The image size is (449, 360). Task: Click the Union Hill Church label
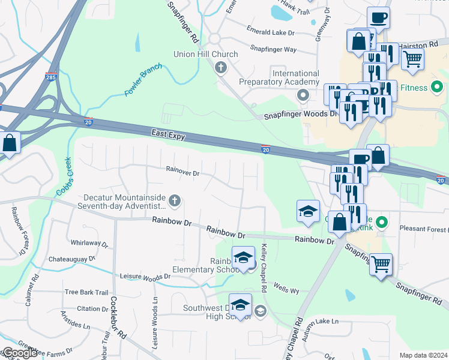click(x=205, y=54)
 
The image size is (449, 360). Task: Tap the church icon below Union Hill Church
click(x=221, y=67)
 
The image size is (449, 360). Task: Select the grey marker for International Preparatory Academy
click(x=303, y=95)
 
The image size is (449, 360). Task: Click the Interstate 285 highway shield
click(x=50, y=76)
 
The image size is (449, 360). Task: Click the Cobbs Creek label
click(x=64, y=176)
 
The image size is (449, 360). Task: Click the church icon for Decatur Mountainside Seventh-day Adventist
click(x=175, y=201)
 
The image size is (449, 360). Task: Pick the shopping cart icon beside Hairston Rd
click(x=412, y=59)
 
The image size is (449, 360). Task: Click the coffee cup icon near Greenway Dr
click(x=379, y=17)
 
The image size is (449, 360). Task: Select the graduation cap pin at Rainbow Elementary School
click(x=243, y=258)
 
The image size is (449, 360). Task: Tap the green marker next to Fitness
click(x=437, y=88)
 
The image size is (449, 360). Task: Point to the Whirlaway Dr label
click(x=89, y=244)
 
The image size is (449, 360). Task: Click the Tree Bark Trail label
click(x=86, y=292)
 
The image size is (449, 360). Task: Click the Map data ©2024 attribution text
click(x=423, y=355)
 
